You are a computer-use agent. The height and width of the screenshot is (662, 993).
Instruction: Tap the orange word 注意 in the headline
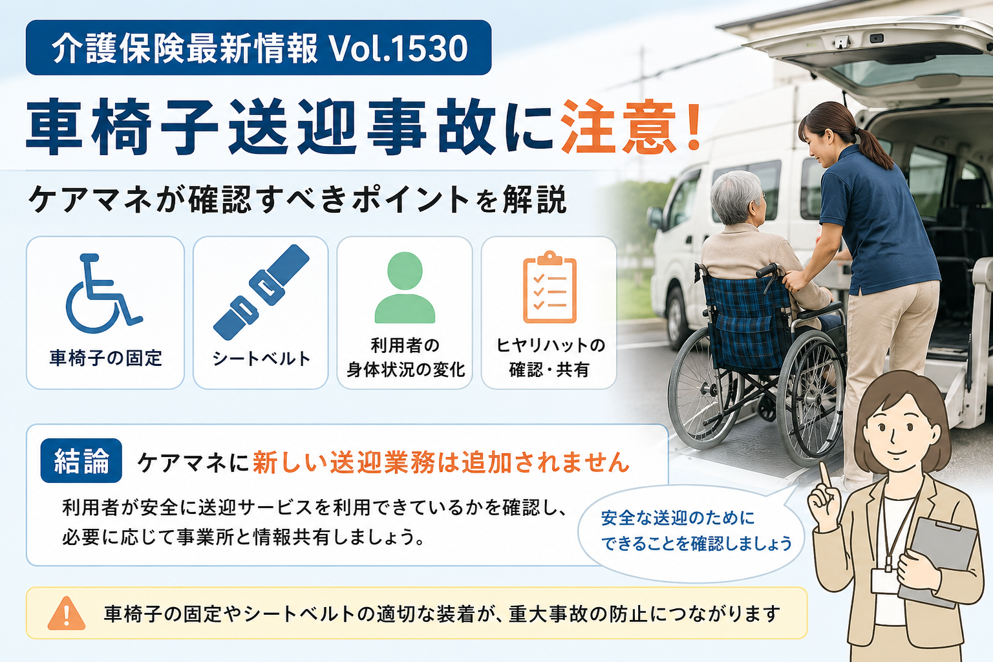[619, 128]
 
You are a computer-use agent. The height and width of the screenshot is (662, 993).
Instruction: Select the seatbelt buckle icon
[261, 293]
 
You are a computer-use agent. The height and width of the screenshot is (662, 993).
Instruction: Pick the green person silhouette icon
[405, 287]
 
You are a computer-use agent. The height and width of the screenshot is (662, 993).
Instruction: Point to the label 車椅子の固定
[105, 358]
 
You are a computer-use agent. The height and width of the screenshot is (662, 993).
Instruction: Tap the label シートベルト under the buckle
[261, 358]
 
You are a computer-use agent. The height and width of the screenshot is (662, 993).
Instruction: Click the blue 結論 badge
[81, 460]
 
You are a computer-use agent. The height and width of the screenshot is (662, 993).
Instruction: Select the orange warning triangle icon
[67, 614]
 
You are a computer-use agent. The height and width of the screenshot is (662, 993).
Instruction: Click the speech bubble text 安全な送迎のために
[678, 518]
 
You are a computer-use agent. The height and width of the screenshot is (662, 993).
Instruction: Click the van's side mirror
[656, 218]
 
